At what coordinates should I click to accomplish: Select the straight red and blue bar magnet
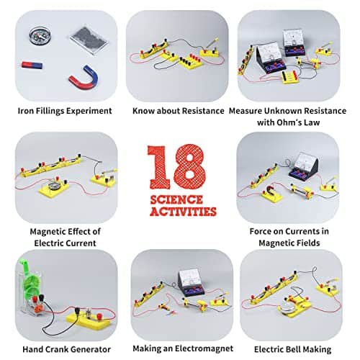coord(30,65)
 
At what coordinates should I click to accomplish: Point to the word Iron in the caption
coord(26,111)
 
